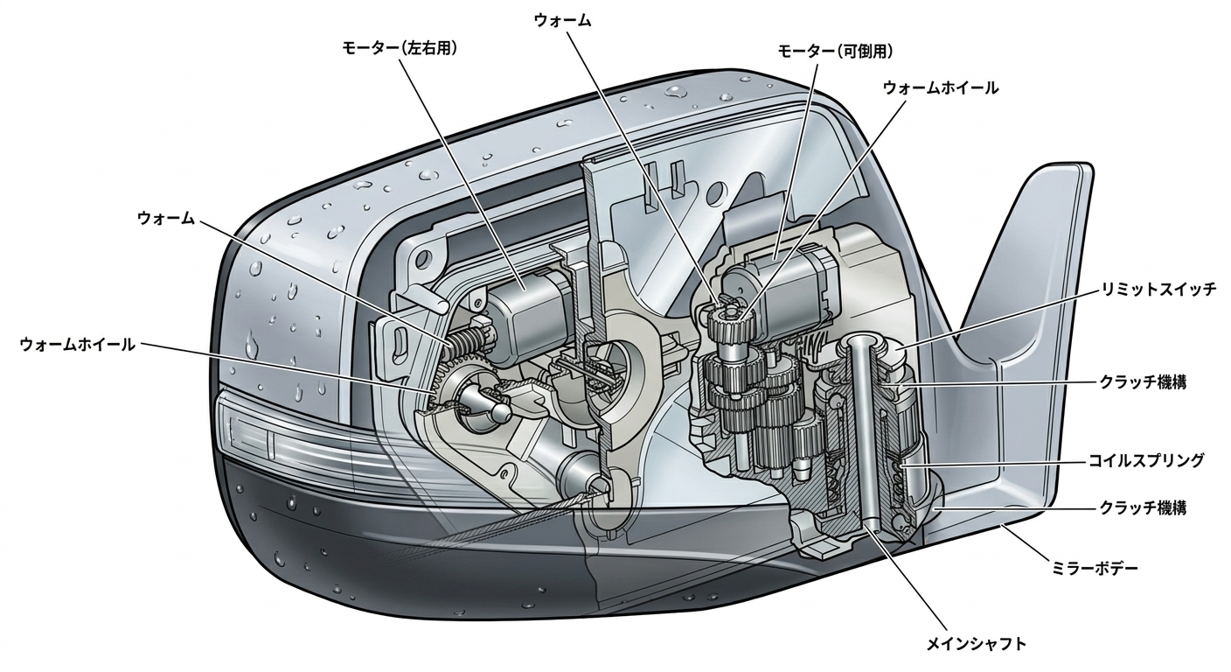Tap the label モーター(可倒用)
[x=835, y=52]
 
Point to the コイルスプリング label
[x=1145, y=459]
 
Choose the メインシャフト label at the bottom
[x=976, y=645]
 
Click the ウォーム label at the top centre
[x=562, y=21]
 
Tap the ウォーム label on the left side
[x=165, y=218]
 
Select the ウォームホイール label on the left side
[x=78, y=345]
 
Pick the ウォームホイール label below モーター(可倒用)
[x=940, y=87]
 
